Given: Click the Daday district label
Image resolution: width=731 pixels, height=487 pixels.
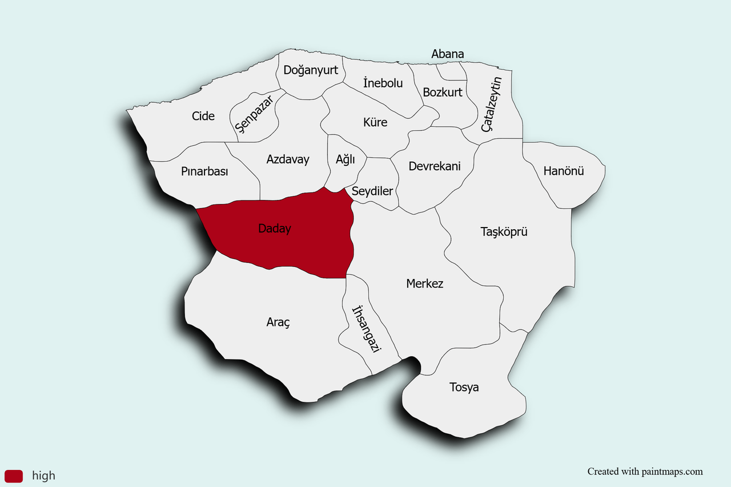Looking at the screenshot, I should [x=275, y=229].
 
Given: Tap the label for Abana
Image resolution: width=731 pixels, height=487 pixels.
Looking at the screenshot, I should [x=448, y=54].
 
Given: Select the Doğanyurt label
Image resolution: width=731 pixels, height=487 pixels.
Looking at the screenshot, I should [x=311, y=70].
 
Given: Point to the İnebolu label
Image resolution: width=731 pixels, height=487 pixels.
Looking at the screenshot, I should [x=383, y=83].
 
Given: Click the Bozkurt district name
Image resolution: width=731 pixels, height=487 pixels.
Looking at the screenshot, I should [x=443, y=92].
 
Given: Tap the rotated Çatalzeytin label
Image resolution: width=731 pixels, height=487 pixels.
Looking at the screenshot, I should [x=491, y=105].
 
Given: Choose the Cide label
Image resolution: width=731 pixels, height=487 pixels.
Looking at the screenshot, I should [x=203, y=116].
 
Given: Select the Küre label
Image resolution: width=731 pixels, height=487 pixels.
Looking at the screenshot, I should [x=375, y=122].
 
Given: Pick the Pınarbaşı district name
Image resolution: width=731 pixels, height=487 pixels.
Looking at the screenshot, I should [x=204, y=171].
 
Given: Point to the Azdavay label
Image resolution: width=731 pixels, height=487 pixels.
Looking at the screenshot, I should [x=288, y=159].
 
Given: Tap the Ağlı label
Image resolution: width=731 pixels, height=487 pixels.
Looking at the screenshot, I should [x=346, y=159].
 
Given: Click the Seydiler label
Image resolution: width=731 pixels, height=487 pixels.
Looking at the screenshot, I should [x=372, y=191].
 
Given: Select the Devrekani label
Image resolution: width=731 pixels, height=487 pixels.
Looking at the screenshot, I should [x=435, y=166].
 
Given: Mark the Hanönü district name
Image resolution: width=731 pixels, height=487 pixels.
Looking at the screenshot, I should [x=564, y=170].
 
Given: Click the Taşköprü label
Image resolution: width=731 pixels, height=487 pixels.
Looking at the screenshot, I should [x=504, y=232].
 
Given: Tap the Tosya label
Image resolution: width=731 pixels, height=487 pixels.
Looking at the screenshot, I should [x=464, y=388].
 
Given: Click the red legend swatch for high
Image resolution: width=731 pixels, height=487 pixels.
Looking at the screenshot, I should [x=13, y=476].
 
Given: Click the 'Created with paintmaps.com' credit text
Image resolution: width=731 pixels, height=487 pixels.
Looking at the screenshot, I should [x=645, y=472].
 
